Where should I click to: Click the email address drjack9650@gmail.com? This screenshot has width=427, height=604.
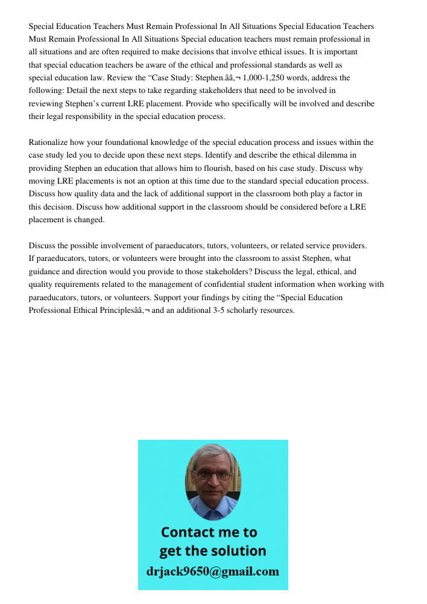212,571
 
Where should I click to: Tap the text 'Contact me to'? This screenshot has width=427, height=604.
209,532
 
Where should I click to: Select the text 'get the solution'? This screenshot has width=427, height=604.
212,551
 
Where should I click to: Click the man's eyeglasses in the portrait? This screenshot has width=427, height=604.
213,475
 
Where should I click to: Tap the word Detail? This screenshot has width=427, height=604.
77,91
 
